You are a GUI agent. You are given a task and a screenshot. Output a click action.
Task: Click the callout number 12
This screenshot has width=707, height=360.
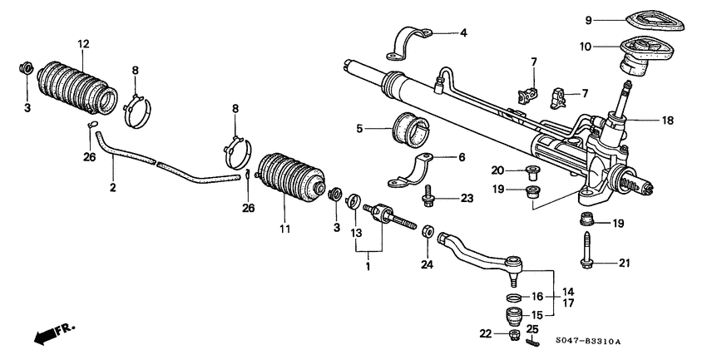(x=82, y=43)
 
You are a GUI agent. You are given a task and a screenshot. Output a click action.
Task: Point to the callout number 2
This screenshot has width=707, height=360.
(x=112, y=189)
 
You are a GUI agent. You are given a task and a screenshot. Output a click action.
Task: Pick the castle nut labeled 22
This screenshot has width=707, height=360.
(x=513, y=334)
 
